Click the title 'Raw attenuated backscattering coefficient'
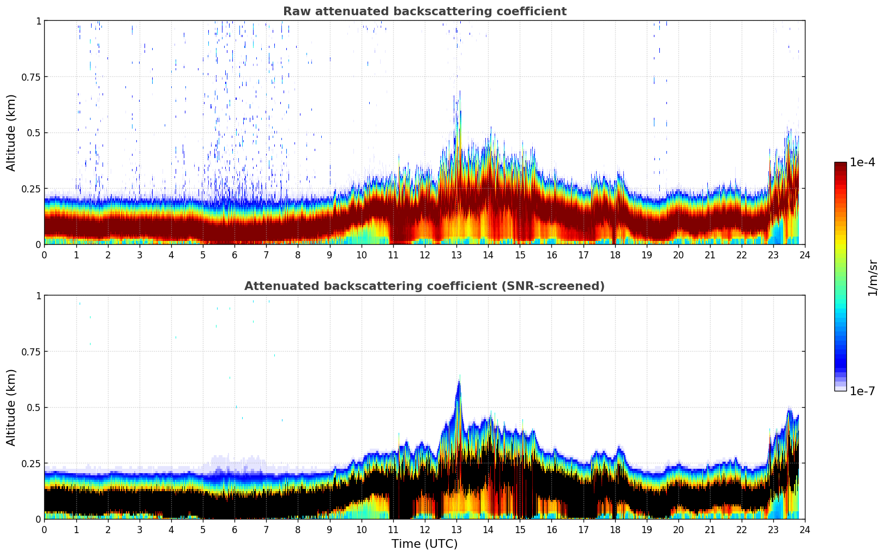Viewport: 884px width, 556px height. click(x=424, y=11)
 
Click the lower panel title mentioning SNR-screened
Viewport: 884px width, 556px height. click(x=424, y=286)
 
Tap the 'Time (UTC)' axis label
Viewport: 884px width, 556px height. click(x=424, y=543)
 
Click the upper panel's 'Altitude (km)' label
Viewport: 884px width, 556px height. click(x=11, y=132)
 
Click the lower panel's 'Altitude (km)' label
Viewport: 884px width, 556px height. click(x=11, y=407)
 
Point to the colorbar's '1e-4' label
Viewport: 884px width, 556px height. click(x=862, y=162)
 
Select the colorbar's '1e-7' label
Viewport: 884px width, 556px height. click(x=862, y=391)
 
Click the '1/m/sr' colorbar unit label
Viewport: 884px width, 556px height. click(x=873, y=277)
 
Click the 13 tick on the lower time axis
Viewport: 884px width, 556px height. click(x=456, y=529)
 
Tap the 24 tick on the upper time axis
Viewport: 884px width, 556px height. click(x=805, y=255)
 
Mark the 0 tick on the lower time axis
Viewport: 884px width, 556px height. click(x=44, y=529)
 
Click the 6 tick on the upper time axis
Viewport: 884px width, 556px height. click(x=234, y=255)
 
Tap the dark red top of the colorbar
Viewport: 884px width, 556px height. click(x=840, y=166)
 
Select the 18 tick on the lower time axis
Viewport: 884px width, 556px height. click(x=615, y=529)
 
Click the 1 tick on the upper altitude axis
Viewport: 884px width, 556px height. click(x=38, y=21)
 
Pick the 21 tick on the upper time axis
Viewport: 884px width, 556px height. click(x=710, y=255)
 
